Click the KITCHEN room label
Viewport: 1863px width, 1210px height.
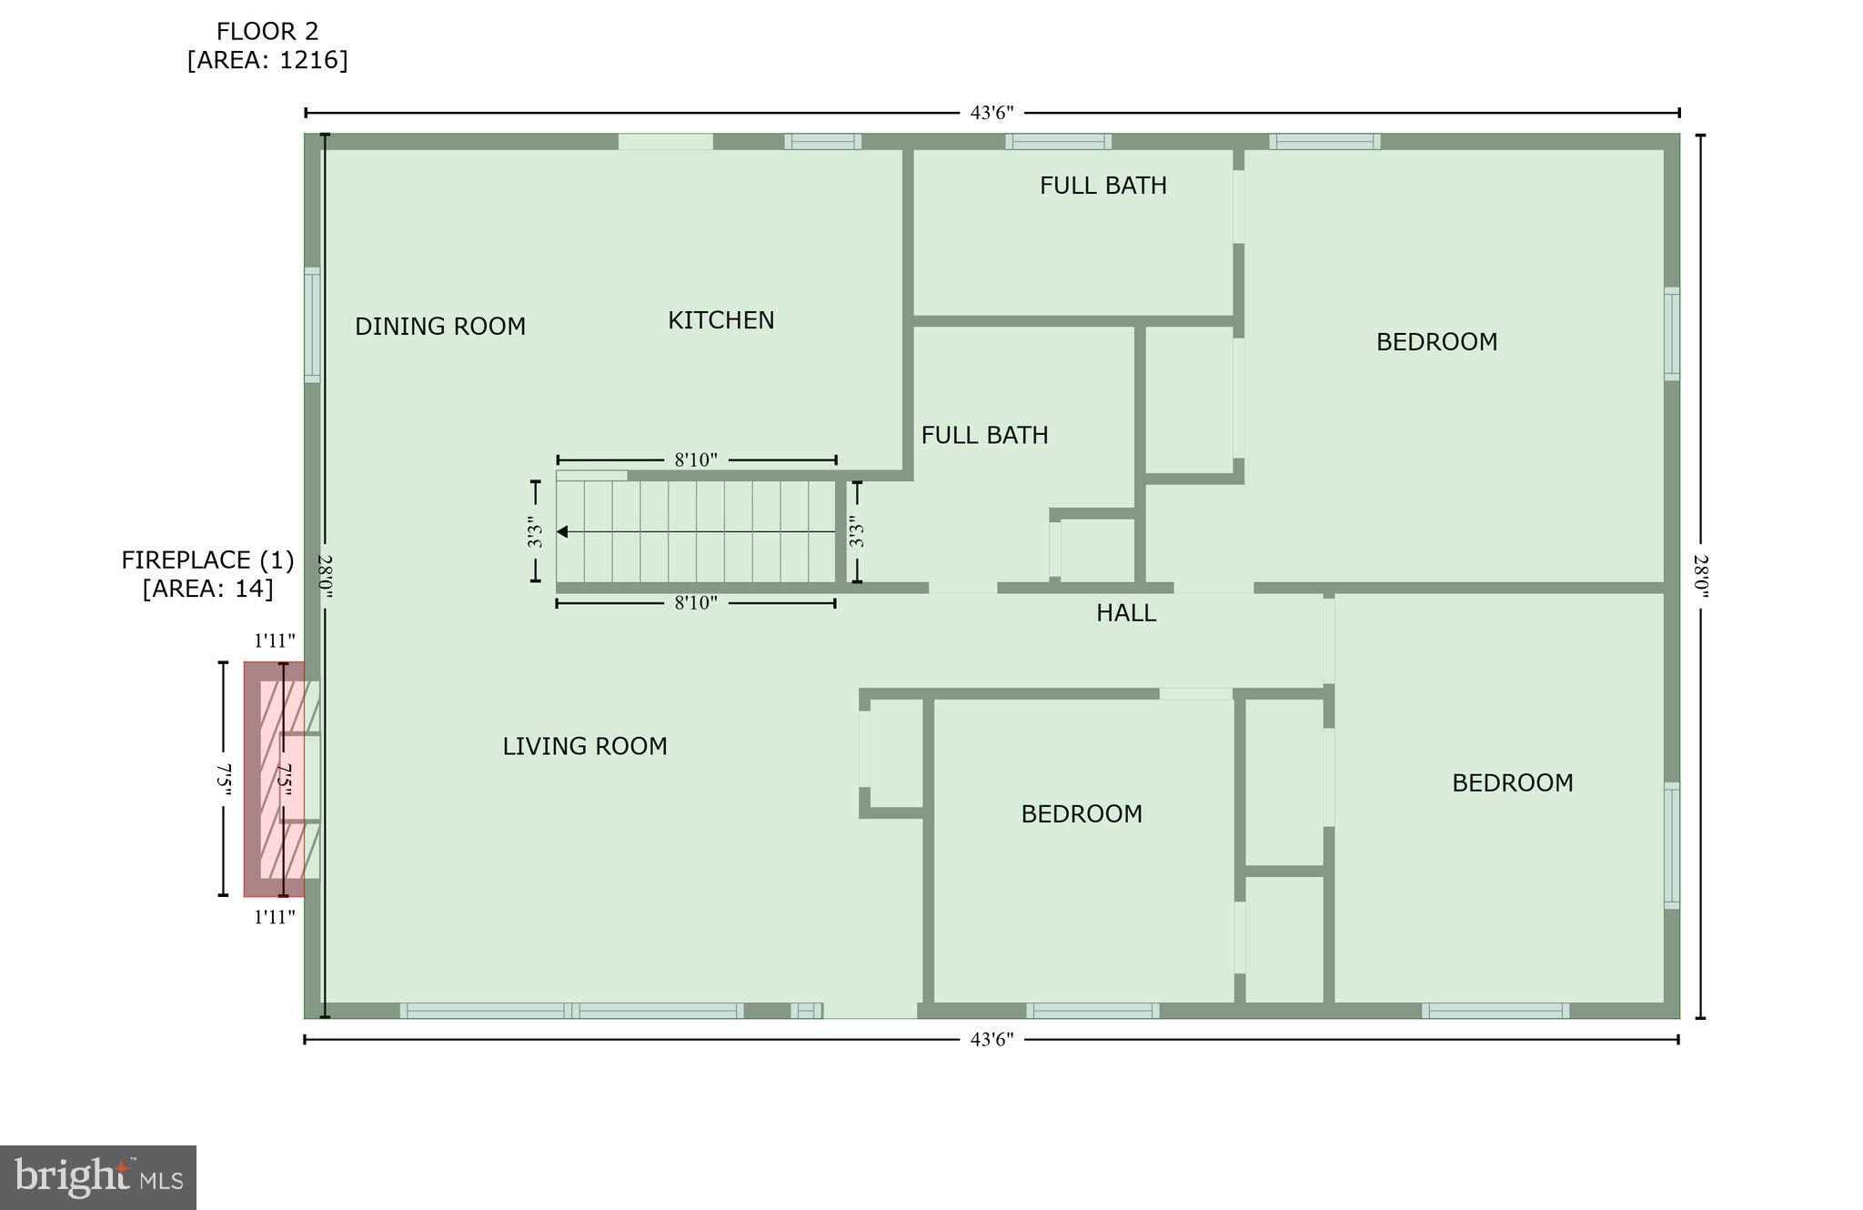tap(720, 320)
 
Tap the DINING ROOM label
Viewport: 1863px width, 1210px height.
tap(439, 327)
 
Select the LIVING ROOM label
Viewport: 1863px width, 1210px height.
tap(584, 746)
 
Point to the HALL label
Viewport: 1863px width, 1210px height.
tap(1125, 613)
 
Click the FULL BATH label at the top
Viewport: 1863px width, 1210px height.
tap(1103, 186)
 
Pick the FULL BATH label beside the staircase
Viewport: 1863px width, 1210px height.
tap(984, 435)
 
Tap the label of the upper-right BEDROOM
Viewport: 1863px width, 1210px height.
tap(1435, 342)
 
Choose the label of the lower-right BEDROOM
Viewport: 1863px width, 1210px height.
tap(1512, 782)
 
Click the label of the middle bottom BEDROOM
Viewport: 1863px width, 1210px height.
tap(1081, 813)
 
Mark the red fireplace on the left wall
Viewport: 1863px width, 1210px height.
tap(274, 779)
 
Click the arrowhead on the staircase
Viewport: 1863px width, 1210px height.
tap(562, 531)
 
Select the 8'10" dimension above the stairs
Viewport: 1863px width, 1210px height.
tap(696, 460)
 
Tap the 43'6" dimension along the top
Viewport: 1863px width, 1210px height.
tap(992, 113)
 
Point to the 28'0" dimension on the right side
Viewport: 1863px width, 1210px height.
tap(1700, 576)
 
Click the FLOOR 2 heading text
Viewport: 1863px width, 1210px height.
tap(267, 32)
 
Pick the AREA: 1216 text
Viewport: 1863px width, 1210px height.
tap(267, 60)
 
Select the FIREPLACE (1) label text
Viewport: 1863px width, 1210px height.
tap(207, 560)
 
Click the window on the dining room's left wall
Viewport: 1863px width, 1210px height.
tap(312, 325)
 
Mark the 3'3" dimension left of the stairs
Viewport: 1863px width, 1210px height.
tap(535, 531)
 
